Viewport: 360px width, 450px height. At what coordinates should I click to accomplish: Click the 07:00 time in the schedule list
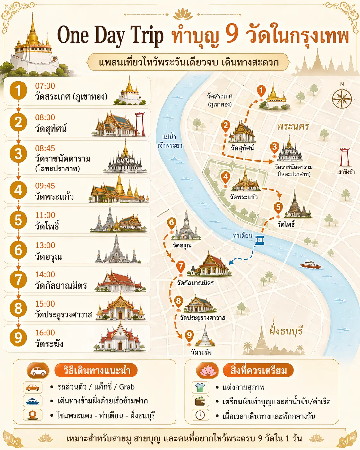click(45, 86)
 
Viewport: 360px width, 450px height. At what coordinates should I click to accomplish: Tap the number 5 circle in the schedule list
click(18, 220)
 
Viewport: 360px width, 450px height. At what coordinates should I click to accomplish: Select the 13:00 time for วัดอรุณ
click(45, 245)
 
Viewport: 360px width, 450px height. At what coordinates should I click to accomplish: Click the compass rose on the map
click(342, 98)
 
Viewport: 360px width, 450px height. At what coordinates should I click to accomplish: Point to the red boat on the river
click(310, 265)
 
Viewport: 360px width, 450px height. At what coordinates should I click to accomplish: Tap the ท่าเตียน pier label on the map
click(242, 236)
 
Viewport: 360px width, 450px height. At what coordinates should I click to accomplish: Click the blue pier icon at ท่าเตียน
click(260, 240)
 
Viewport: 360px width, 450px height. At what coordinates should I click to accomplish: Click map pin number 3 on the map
click(274, 148)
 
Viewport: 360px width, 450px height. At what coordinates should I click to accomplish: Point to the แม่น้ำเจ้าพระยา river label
click(169, 141)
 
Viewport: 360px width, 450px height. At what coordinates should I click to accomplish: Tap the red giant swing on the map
click(345, 157)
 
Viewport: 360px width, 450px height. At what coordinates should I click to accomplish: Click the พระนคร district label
click(293, 126)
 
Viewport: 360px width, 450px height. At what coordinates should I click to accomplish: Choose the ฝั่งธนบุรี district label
click(286, 331)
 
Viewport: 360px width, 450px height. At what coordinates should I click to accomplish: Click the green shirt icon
click(200, 387)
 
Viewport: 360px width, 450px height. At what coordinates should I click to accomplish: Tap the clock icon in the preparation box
click(200, 415)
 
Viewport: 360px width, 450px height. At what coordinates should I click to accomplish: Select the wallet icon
click(200, 401)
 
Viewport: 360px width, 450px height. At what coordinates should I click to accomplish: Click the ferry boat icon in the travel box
click(33, 401)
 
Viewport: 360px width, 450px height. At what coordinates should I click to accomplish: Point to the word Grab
click(127, 387)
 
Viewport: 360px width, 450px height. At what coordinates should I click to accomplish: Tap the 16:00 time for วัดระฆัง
click(45, 333)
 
